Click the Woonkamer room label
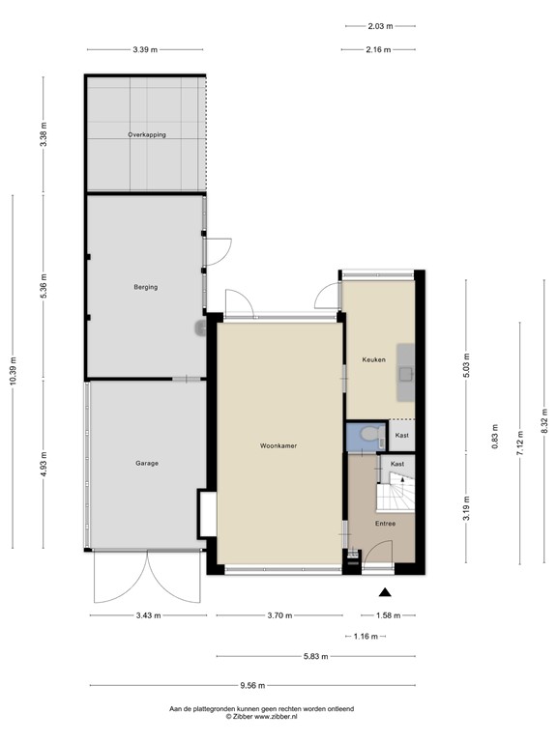pos(278,446)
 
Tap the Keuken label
pos(373,359)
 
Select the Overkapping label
pos(147,135)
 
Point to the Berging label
pos(146,287)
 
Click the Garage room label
pos(146,464)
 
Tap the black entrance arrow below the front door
pos(385,593)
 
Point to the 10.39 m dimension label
pos(13,371)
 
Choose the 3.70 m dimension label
pos(279,615)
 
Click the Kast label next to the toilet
pos(402,436)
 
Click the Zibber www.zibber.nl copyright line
pos(262,717)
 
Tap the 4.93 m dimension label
pos(44,465)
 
